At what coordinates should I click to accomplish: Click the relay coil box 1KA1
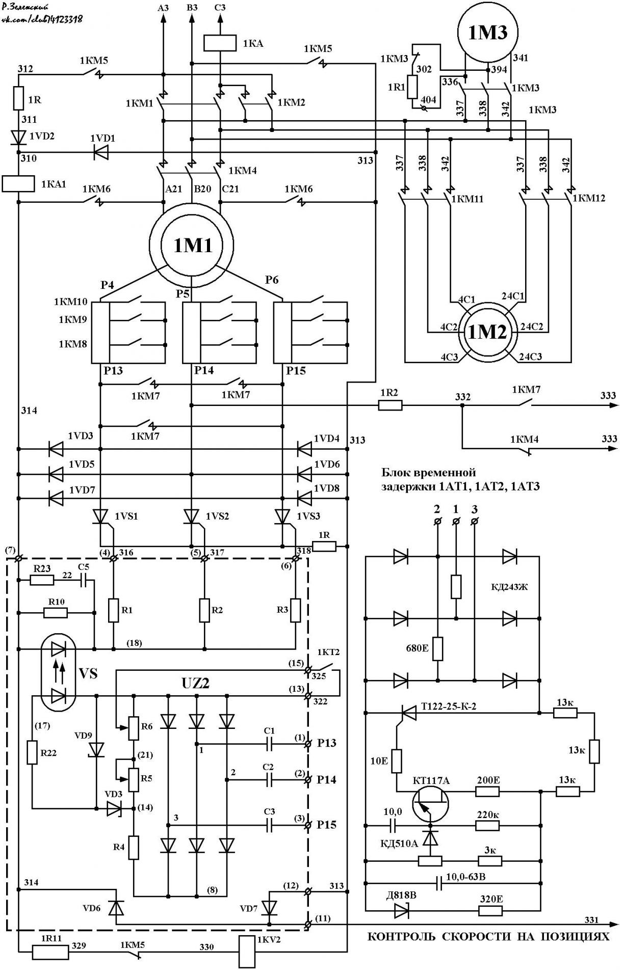18,183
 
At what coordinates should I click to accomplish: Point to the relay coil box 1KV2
247,952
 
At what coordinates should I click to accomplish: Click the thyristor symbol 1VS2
192,517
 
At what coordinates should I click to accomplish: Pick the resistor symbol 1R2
390,405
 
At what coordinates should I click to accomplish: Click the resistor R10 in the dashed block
55,612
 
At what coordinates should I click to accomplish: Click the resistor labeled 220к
487,825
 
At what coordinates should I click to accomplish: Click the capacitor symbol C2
269,780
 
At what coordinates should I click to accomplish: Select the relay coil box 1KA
220,43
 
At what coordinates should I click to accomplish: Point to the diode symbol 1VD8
304,497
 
